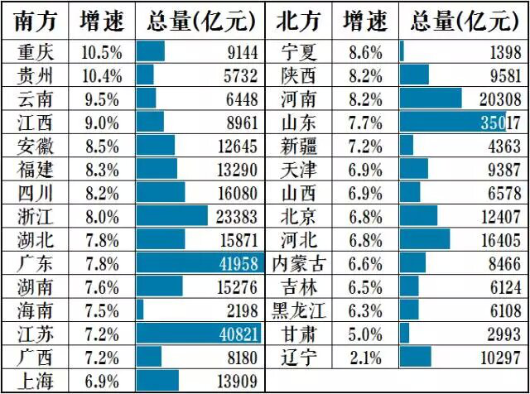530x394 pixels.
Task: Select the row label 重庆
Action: click(36, 52)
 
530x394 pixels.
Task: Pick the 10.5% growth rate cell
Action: click(102, 52)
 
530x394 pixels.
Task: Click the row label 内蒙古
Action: click(299, 264)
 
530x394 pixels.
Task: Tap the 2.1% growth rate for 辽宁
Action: click(364, 358)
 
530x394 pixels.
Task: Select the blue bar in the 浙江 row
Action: click(172, 216)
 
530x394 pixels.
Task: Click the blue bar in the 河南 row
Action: click(431, 98)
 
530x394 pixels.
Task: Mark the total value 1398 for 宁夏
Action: click(501, 52)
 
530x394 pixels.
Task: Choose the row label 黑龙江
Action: click(299, 310)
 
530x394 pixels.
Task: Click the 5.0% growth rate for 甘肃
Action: click(364, 334)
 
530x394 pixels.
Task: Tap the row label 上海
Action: click(36, 381)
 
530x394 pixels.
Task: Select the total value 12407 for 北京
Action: click(498, 216)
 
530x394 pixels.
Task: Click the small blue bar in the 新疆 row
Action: click(407, 146)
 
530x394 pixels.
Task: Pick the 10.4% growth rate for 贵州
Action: click(102, 75)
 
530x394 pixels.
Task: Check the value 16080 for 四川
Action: click(240, 193)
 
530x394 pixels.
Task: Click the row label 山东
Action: click(298, 123)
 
